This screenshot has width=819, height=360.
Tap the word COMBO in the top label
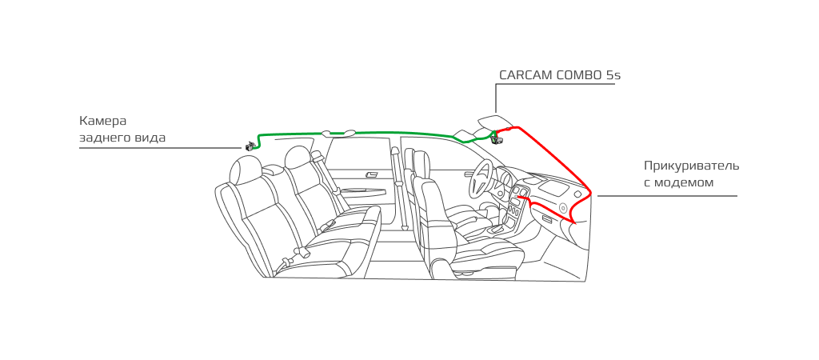pyautogui.click(x=579, y=74)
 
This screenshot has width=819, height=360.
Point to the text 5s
pyautogui.click(x=613, y=74)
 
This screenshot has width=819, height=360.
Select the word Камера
pyautogui.click(x=103, y=122)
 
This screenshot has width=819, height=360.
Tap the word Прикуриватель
pyautogui.click(x=691, y=166)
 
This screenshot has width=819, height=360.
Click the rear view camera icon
pyautogui.click(x=251, y=146)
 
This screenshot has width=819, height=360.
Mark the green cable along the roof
pyautogui.click(x=355, y=133)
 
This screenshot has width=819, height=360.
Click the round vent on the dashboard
pyautogui.click(x=563, y=207)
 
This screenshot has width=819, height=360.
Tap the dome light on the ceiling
pyautogui.click(x=338, y=133)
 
